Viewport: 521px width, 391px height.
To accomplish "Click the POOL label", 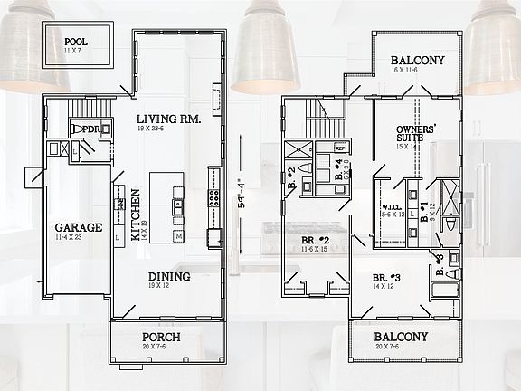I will point(77,42).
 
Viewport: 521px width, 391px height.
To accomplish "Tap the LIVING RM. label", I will point(167,119).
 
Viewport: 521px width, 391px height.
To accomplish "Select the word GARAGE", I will point(78,228).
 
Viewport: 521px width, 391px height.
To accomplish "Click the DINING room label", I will point(168,277).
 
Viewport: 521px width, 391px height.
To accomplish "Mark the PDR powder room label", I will point(90,130).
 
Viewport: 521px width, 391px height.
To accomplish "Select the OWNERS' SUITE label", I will point(417,135).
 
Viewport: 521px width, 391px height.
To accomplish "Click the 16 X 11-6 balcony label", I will point(416,69).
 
